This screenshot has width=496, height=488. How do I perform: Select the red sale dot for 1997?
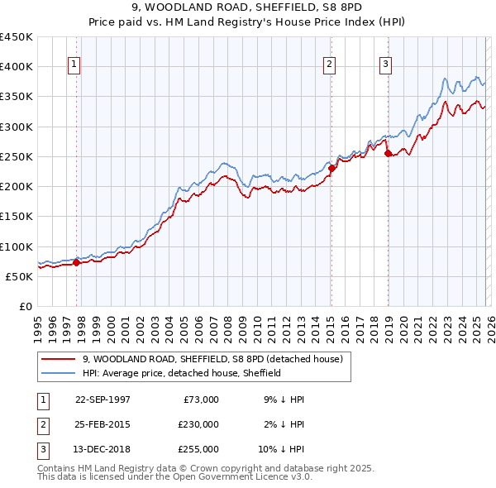[77, 263]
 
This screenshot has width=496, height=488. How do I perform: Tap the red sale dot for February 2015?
[331, 169]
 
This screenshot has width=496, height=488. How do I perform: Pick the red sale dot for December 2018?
[388, 153]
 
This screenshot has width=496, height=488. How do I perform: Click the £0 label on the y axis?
[25, 307]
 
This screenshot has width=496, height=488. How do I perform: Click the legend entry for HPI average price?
[182, 373]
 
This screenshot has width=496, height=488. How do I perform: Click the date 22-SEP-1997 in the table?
[103, 399]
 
